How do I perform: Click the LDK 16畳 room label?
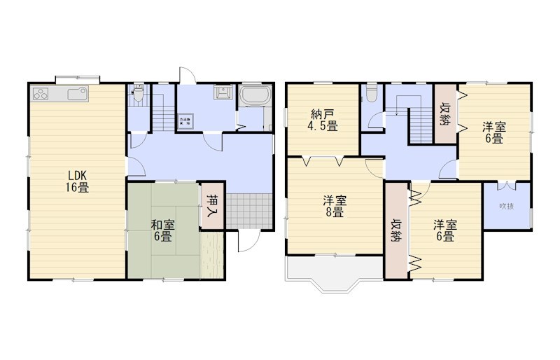(77, 181)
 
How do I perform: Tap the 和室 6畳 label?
(162, 230)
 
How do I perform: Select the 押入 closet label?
(212, 205)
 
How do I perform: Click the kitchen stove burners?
(40, 93)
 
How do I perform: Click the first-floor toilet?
(139, 94)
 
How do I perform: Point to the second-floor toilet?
(372, 93)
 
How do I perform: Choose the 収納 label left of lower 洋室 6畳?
(396, 228)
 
